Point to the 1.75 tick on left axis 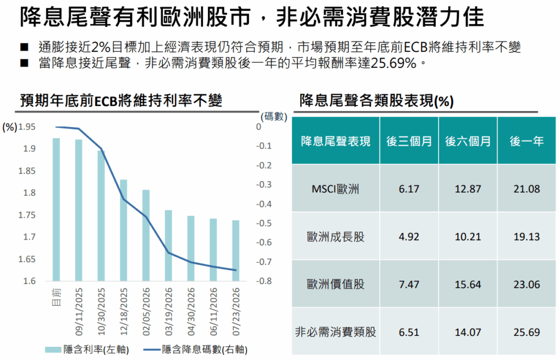[27, 215]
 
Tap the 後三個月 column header [409, 141]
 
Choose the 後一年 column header [527, 141]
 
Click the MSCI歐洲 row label [335, 189]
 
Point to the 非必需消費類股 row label [335, 332]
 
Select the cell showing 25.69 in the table [527, 332]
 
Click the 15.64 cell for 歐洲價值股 [468, 284]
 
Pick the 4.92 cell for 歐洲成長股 [409, 237]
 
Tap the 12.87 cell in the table [468, 189]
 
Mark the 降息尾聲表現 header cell [335, 141]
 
